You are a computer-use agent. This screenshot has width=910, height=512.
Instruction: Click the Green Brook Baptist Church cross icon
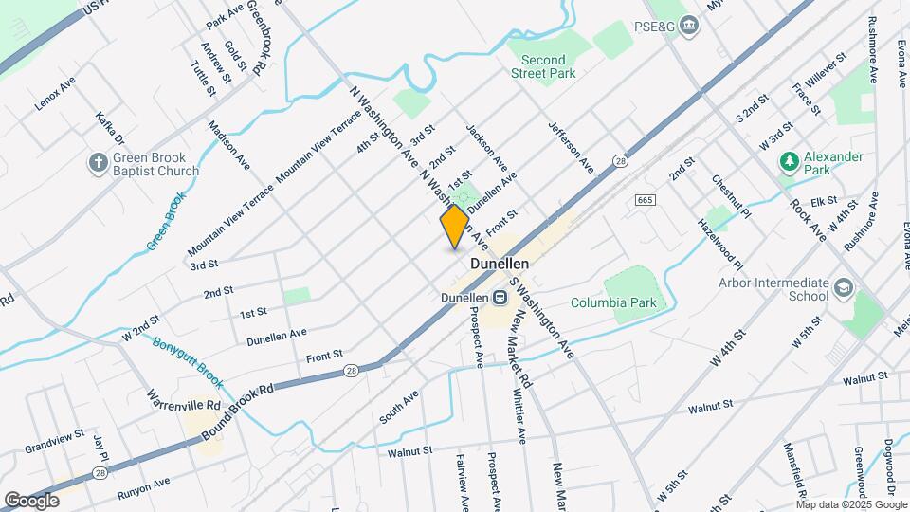click(x=98, y=163)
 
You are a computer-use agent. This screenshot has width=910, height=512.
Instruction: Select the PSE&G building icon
click(x=689, y=26)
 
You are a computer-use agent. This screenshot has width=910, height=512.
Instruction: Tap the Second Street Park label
click(x=544, y=66)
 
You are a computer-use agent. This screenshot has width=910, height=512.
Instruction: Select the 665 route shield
click(x=646, y=200)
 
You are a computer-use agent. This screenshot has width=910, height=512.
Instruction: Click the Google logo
click(x=31, y=500)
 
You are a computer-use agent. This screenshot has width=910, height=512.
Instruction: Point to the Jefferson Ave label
click(x=570, y=147)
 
